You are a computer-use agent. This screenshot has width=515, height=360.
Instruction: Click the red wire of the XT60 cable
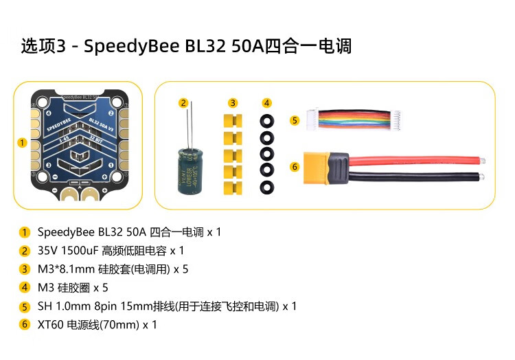pyautogui.click(x=412, y=159)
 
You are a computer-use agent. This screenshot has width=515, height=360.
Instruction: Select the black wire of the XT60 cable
pyautogui.click(x=412, y=177)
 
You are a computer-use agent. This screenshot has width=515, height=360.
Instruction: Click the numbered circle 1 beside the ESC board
pyautogui.click(x=22, y=143)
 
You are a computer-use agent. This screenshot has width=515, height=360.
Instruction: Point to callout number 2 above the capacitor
pyautogui.click(x=183, y=103)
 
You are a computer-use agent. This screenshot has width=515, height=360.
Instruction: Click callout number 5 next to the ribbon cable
pyautogui.click(x=295, y=120)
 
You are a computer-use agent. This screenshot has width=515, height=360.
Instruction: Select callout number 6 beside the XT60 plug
pyautogui.click(x=295, y=166)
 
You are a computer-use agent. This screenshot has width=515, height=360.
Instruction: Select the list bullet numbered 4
pyautogui.click(x=25, y=287)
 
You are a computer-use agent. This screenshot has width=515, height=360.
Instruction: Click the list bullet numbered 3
pyautogui.click(x=25, y=269)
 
